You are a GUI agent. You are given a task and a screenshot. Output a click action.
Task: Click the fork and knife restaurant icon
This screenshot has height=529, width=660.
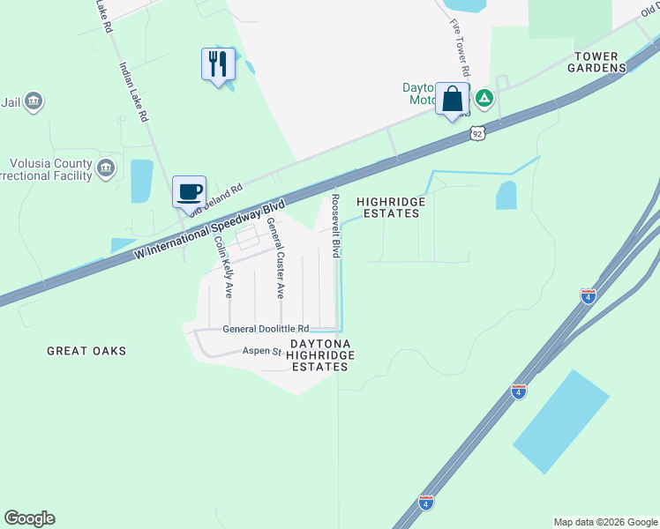click(218, 64)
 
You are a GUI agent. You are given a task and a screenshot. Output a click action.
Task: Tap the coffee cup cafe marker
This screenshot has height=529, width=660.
click(190, 190)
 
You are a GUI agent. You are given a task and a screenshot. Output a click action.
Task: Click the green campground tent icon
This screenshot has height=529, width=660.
click(484, 96)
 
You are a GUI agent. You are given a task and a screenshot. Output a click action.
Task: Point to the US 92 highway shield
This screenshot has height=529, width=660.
click(477, 133)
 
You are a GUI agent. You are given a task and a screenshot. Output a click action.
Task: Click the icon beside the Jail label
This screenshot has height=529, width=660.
click(34, 102)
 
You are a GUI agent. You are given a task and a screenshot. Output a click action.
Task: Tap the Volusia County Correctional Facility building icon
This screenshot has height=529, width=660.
click(106, 168)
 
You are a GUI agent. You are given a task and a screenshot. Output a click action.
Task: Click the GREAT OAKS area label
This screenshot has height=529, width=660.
click(86, 351)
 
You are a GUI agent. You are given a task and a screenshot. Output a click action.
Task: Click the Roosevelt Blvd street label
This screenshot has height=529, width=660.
click(335, 227)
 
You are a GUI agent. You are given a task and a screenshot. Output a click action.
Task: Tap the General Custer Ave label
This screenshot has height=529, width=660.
click(276, 257)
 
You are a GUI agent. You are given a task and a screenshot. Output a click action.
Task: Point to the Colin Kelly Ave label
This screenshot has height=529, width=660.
click(222, 265)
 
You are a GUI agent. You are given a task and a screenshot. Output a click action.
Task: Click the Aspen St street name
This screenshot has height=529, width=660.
click(262, 351)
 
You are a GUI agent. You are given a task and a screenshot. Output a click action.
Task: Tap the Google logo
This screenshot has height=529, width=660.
click(29, 518)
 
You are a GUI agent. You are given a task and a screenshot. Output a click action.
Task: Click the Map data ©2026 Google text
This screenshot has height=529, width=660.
click(605, 522)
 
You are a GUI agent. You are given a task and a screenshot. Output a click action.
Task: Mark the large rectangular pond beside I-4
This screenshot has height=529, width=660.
click(561, 421)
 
